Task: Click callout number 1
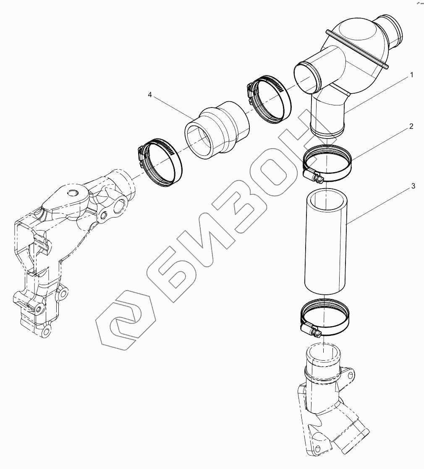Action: [x=411, y=75]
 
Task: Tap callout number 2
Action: [x=411, y=126]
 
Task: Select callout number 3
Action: [x=413, y=186]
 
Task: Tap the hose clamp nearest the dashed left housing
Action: [x=160, y=163]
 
